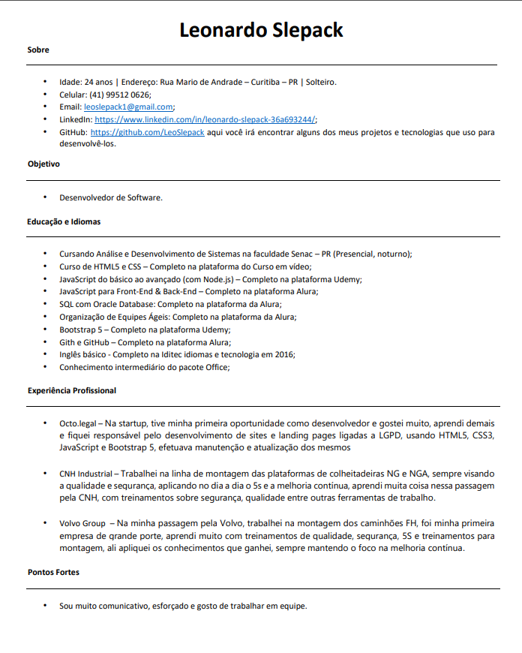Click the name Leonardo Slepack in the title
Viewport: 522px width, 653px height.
click(261, 30)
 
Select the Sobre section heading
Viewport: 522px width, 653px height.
click(38, 50)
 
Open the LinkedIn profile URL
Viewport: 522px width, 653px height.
click(205, 119)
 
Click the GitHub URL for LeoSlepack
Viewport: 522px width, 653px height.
click(147, 132)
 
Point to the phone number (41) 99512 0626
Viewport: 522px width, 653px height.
click(120, 95)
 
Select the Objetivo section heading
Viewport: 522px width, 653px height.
click(43, 164)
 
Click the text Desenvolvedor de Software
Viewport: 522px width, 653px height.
click(111, 198)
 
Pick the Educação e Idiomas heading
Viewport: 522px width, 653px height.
click(64, 221)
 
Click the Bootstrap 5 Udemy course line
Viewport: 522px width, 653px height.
click(145, 330)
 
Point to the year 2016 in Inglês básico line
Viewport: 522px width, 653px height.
click(284, 354)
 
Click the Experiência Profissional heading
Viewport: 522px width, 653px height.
click(72, 390)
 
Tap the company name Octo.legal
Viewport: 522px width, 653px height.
click(78, 423)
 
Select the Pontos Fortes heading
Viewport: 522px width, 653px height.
click(53, 572)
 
